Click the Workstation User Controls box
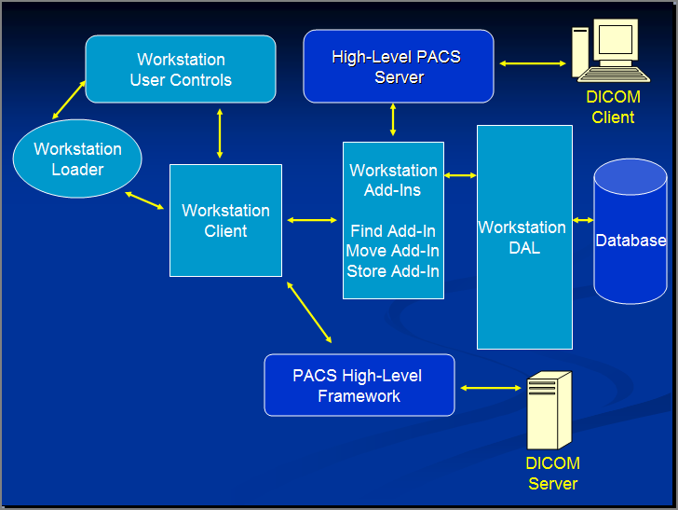(x=181, y=69)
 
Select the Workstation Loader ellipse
(x=77, y=159)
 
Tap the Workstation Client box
(x=225, y=220)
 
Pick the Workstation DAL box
(x=524, y=237)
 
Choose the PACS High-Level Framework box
(x=359, y=385)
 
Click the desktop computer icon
(x=610, y=52)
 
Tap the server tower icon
(x=548, y=410)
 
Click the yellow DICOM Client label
(x=613, y=107)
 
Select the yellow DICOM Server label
(x=553, y=474)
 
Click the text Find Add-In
(x=393, y=231)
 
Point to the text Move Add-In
(x=393, y=251)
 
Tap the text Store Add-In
(x=393, y=271)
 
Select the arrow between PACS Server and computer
(x=533, y=64)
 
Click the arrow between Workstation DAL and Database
(x=583, y=220)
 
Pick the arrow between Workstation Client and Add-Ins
(x=312, y=220)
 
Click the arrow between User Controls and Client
(x=220, y=133)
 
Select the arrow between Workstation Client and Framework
(x=309, y=311)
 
